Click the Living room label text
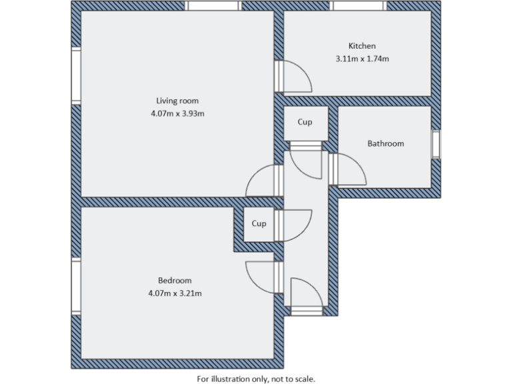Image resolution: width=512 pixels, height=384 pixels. click(x=177, y=101)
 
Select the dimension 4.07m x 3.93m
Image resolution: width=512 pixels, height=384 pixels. click(x=177, y=113)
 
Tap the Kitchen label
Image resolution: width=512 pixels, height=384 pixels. click(x=362, y=46)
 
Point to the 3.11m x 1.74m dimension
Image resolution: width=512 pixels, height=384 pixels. click(x=362, y=59)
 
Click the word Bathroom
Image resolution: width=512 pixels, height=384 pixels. click(x=385, y=143)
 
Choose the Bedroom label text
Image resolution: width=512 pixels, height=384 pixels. click(x=175, y=280)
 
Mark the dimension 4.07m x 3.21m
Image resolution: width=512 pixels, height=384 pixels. click(x=175, y=293)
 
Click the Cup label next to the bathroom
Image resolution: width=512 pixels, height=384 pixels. click(x=305, y=122)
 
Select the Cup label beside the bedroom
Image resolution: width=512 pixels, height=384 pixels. click(x=259, y=223)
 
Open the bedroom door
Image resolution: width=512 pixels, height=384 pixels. click(x=261, y=275)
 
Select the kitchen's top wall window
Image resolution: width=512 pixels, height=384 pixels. click(x=359, y=6)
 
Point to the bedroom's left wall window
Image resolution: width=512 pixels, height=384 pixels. click(x=76, y=287)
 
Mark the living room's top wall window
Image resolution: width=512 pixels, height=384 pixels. click(x=213, y=6)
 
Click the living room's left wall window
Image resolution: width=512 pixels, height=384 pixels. click(x=76, y=77)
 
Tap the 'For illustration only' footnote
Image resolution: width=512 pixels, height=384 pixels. click(x=256, y=377)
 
